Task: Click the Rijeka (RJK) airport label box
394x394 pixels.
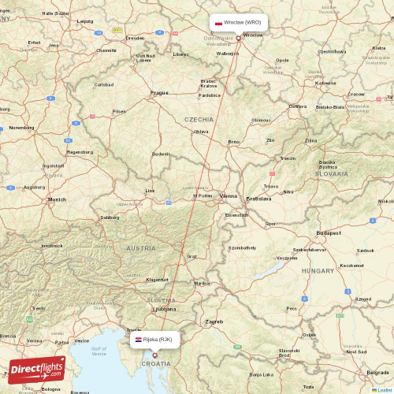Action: coord(155,340)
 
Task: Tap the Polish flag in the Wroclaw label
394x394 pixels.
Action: coord(218,23)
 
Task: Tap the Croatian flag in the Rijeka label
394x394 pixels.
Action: coord(139,340)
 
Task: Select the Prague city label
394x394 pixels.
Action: coord(159,93)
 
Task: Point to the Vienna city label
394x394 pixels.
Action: coord(229,195)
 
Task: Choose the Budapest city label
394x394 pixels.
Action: coord(327,233)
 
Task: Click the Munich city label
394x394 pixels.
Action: coord(57,200)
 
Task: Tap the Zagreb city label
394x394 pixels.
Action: coord(214,322)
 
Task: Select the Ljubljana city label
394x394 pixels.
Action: coord(165,310)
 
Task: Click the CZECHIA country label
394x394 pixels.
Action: coord(199,119)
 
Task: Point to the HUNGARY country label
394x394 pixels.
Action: coord(318,270)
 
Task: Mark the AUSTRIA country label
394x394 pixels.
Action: coord(141,248)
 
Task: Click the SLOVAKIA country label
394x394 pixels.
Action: coord(331,173)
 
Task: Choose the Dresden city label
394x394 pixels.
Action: coord(135,37)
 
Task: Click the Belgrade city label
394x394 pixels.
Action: coord(377,372)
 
